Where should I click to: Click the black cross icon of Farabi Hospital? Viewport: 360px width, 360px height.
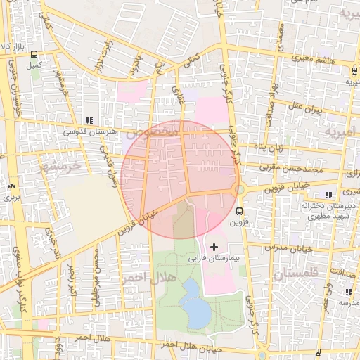click(x=214, y=247)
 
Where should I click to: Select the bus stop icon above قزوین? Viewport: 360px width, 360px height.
click(x=240, y=210)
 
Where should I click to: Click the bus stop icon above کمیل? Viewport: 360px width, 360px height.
click(x=34, y=54)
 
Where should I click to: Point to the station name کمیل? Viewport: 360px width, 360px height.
click(x=34, y=65)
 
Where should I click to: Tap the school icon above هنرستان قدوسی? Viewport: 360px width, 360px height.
click(x=88, y=120)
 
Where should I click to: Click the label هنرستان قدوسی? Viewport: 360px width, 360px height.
click(x=86, y=131)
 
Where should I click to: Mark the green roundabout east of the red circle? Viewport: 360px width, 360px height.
click(x=240, y=190)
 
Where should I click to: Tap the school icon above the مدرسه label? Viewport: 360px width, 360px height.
click(x=349, y=292)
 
